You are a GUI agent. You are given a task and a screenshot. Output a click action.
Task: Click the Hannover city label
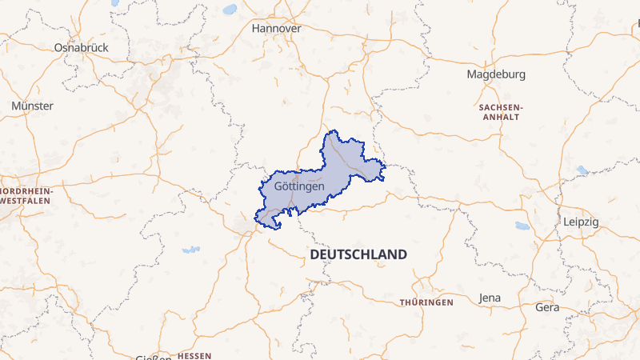[276, 28]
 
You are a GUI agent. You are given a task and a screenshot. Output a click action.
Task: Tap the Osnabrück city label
[81, 47]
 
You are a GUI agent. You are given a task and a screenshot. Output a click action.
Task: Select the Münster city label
[33, 106]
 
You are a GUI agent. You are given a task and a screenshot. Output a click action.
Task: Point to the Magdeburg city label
[496, 74]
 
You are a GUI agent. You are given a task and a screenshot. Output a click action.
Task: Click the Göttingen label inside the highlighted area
[298, 186]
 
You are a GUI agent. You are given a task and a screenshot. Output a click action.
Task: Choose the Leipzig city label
[581, 222]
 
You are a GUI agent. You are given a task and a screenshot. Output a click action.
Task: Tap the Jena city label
[490, 298]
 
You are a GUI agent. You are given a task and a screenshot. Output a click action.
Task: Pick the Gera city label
[547, 307]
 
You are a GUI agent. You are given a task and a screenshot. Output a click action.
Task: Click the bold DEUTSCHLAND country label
[358, 254]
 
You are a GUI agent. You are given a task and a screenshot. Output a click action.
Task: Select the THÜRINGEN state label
[426, 302]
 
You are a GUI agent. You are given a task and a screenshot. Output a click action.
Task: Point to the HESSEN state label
[194, 354]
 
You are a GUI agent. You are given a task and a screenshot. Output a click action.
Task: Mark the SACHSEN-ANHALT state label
[500, 111]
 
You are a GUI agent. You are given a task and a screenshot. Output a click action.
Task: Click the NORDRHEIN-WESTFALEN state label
[26, 196]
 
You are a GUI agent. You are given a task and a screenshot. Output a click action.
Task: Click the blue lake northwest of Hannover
[230, 10]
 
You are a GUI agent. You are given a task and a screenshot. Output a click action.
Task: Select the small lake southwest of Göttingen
[190, 250]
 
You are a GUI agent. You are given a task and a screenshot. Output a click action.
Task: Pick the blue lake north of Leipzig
[582, 170]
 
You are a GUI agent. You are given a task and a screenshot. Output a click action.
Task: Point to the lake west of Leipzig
[522, 226]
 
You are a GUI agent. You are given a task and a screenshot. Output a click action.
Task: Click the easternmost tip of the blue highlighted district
[386, 168]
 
